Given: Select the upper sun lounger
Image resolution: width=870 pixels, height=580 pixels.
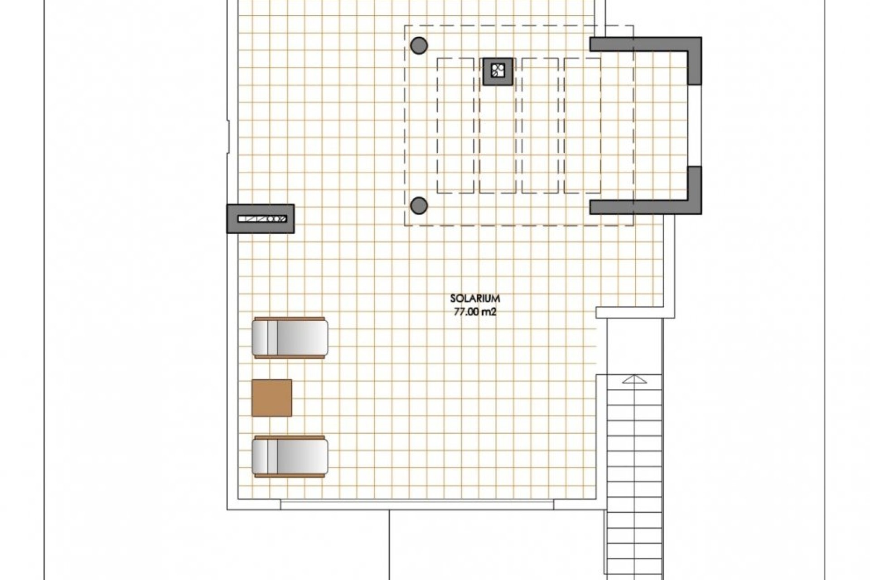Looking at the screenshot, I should pyautogui.click(x=290, y=338).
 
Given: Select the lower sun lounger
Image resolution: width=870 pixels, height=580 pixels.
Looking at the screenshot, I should pyautogui.click(x=290, y=457).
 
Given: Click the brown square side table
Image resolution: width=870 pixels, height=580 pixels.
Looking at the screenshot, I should pyautogui.click(x=272, y=398).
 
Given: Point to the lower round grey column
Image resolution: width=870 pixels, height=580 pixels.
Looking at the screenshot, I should pyautogui.click(x=419, y=206).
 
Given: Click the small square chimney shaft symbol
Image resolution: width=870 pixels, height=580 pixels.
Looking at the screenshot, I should pyautogui.click(x=498, y=71).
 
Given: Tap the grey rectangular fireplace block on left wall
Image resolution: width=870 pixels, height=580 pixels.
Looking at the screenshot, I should pyautogui.click(x=261, y=219).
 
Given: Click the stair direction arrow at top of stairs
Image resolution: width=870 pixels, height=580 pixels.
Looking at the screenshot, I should pyautogui.click(x=634, y=379).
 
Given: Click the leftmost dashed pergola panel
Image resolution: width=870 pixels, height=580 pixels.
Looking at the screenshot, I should pyautogui.click(x=455, y=126).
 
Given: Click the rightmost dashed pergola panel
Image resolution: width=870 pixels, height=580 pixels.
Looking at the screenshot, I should pyautogui.click(x=583, y=126).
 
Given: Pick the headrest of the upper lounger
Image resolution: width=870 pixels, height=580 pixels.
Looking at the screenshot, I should pyautogui.click(x=261, y=338).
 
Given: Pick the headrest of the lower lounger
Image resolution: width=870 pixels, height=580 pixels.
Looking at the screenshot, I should pyautogui.click(x=261, y=457).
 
